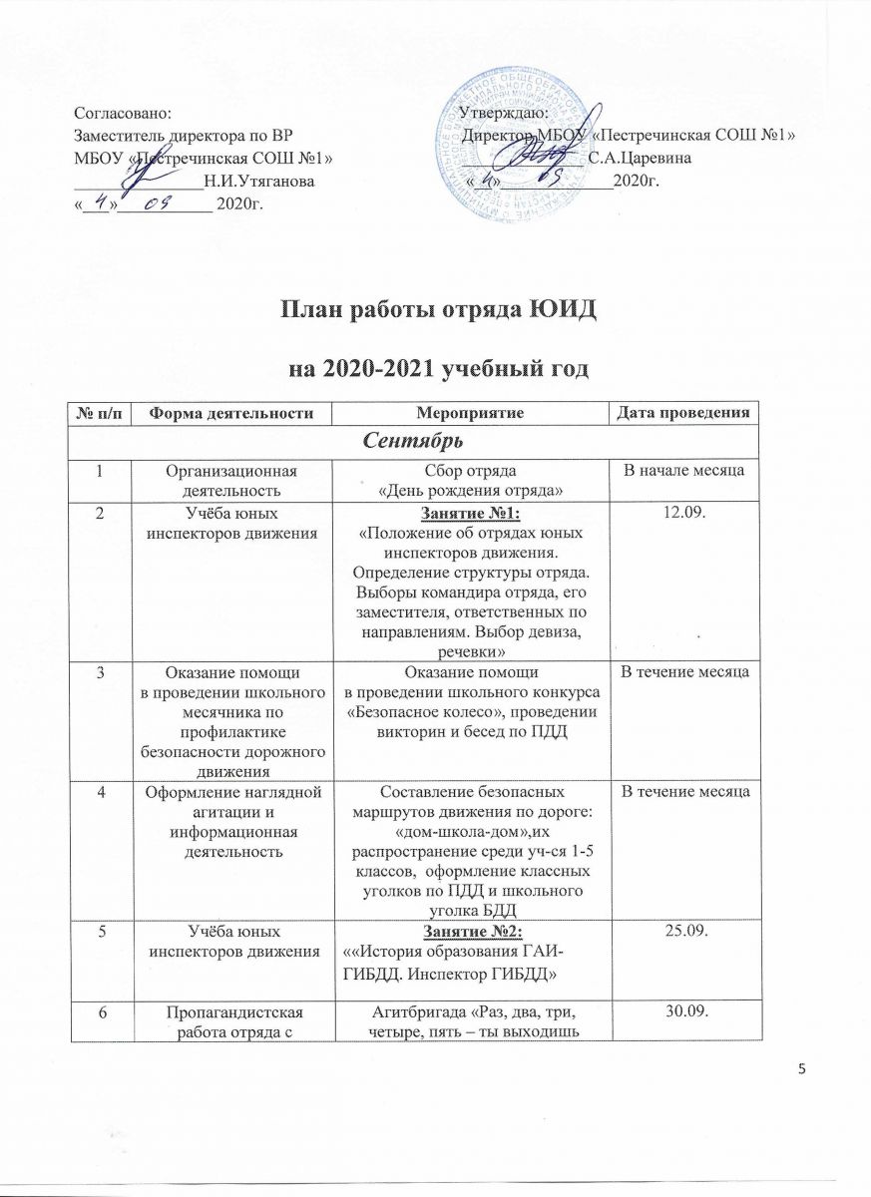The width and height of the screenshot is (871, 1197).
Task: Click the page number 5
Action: [802, 1069]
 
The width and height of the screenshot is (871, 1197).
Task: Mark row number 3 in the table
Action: [100, 671]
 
